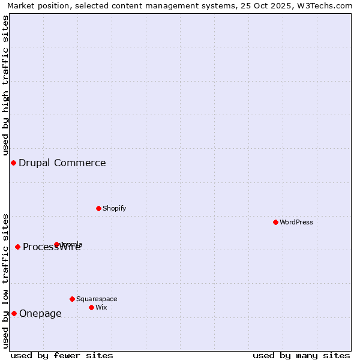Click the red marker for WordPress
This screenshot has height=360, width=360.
pos(275,222)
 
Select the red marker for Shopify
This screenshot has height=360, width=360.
pos(98,208)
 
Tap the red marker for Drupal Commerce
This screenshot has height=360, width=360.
pos(13,163)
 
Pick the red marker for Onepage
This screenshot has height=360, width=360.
pos(14,313)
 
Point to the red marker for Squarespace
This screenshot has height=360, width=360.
pos(72,299)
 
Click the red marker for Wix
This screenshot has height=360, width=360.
pos(91,307)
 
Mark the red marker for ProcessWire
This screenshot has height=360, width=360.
pos(17,247)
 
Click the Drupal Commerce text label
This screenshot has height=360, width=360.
pos(62,163)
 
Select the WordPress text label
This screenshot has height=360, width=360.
pos(296,222)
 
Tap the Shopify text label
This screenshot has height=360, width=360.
pos(115,208)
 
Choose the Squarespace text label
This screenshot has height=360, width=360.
pos(97,299)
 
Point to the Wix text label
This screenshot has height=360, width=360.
pos(101,307)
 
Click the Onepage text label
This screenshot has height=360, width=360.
pos(40,313)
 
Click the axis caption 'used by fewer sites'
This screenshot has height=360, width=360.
pos(62,355)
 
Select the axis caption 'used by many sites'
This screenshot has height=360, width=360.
pos(301,355)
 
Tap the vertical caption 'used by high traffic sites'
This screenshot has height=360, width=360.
pos(5,85)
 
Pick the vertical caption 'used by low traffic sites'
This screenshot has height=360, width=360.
pos(5,280)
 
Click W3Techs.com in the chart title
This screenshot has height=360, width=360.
pos(328,5)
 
